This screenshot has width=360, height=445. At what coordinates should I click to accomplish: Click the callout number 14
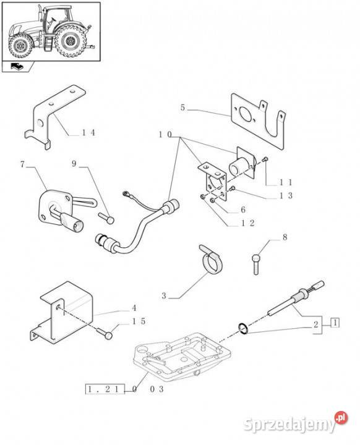point(88,132)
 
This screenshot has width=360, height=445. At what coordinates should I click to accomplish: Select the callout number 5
point(182,108)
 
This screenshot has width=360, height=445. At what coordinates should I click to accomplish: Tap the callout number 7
point(22,164)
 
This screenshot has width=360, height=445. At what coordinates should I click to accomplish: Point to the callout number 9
point(74,164)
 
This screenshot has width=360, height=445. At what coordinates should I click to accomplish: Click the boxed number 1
point(335,323)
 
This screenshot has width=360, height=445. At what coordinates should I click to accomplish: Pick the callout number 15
point(139,321)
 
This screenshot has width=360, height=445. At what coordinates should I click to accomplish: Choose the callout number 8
point(285,237)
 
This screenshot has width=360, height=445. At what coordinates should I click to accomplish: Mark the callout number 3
point(164,296)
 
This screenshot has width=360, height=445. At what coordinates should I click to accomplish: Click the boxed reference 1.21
point(105,389)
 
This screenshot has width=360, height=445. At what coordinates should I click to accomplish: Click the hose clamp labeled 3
point(213,260)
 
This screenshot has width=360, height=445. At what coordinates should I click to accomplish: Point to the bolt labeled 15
point(105,333)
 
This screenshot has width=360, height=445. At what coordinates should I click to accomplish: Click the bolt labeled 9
point(106,218)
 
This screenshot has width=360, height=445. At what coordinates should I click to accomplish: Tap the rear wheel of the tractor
point(70,41)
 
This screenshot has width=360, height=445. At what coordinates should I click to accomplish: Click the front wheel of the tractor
point(20,45)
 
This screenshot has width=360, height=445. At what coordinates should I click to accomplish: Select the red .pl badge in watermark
point(341,418)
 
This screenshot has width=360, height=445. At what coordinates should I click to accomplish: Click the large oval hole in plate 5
point(245,115)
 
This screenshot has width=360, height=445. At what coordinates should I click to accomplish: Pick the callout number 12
point(247,223)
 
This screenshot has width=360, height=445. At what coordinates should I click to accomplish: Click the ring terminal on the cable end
point(125,194)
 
